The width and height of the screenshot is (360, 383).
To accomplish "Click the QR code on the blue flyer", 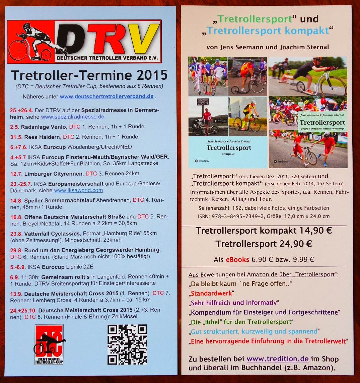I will coord(127,344).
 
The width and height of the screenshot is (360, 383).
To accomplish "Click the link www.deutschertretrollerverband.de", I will coord(106,97).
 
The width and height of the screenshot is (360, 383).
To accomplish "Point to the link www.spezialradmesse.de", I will coord(73,117).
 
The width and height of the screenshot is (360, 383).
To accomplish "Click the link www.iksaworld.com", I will coord(78,190).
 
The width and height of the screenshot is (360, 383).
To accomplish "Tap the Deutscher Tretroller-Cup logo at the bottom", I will coord(49,344).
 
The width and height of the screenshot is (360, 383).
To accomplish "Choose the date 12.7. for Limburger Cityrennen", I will coord(15,174).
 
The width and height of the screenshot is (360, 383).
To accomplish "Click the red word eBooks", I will coord(237,259).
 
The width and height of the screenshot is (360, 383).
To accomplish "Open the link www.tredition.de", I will coord(277,359).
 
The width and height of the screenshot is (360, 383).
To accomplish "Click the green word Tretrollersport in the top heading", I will coord(255,19).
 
